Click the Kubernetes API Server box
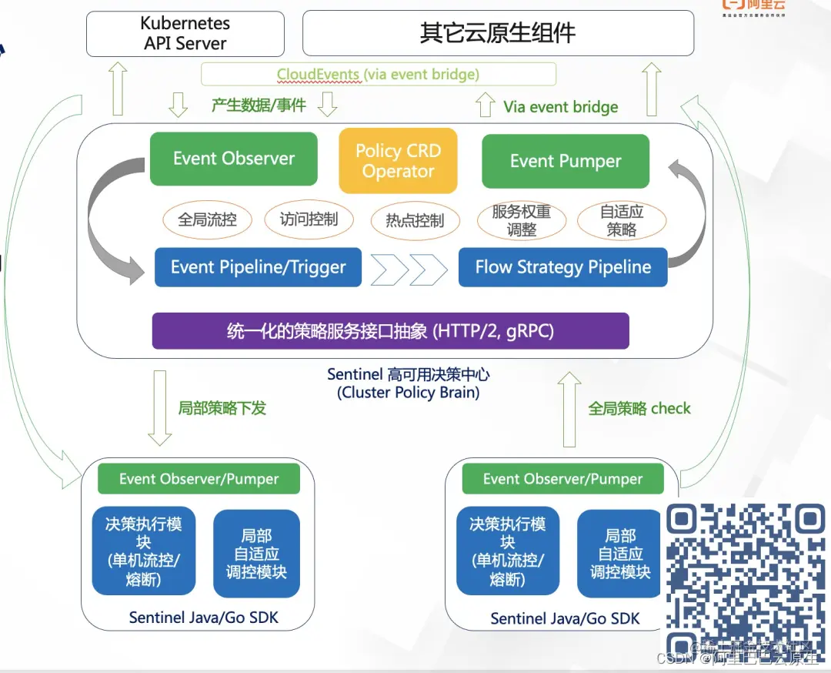(x=185, y=34)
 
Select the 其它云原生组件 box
(x=498, y=34)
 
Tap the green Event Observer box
(x=234, y=159)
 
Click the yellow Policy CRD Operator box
(x=398, y=161)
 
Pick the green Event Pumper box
(x=566, y=162)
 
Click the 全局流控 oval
(x=207, y=219)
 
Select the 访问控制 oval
(x=309, y=219)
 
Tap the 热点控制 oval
(x=415, y=221)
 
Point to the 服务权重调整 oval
(x=522, y=221)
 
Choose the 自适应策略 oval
(x=622, y=220)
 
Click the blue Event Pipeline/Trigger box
(x=258, y=267)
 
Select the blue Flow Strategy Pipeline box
(x=562, y=267)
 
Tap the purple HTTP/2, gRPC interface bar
(x=390, y=331)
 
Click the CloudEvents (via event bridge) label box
(x=378, y=75)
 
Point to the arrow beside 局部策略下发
(x=160, y=408)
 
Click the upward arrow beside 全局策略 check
(x=570, y=408)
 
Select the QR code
(x=744, y=578)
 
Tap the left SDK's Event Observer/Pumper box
(x=199, y=479)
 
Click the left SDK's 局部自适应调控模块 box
(x=256, y=554)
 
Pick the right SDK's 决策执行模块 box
(x=508, y=551)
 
